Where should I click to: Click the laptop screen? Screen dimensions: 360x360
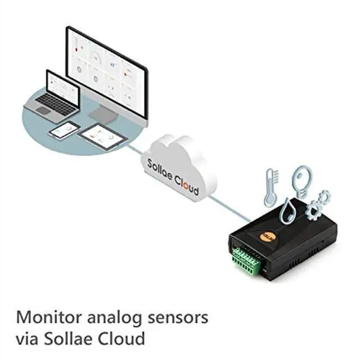pyautogui.click(x=62, y=86)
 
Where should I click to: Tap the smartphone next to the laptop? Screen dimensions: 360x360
pyautogui.click(x=64, y=130)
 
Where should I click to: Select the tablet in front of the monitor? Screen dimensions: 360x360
pyautogui.click(x=101, y=136)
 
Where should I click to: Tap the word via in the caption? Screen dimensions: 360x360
pyautogui.click(x=26, y=339)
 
